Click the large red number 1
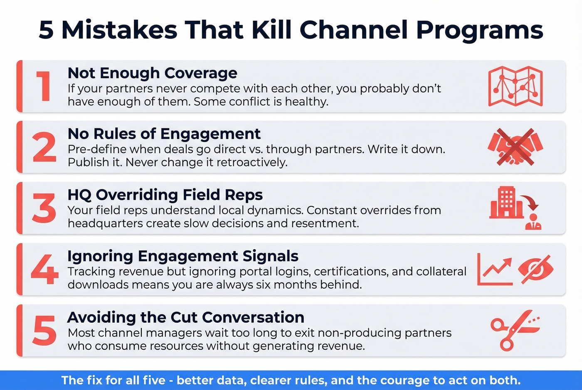[44, 86]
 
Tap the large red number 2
[44, 147]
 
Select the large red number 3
[44, 208]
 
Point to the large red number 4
[44, 269]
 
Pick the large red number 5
[44, 331]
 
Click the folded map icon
[515, 86]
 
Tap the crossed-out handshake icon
[515, 147]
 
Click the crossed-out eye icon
[536, 269]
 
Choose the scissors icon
[515, 330]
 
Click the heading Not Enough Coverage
[152, 73]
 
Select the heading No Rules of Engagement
[164, 134]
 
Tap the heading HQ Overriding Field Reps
[165, 195]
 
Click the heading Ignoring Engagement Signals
[183, 256]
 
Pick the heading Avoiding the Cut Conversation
[186, 317]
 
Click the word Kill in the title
[267, 30]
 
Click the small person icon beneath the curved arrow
[533, 222]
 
